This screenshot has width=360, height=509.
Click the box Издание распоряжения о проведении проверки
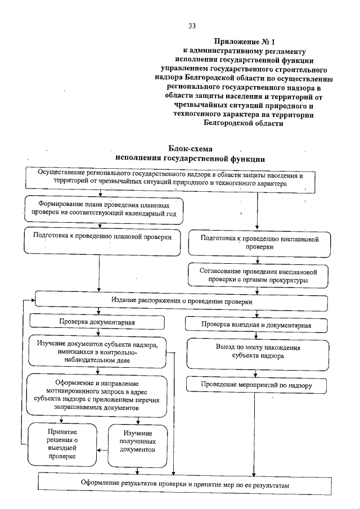click(x=181, y=301)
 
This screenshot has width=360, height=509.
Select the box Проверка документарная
click(x=97, y=323)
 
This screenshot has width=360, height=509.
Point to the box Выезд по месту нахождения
click(x=258, y=352)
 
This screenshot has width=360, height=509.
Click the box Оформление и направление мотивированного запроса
click(x=98, y=396)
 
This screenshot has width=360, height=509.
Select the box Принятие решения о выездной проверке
click(x=62, y=444)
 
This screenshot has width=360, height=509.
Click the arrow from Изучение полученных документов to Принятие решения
click(x=101, y=449)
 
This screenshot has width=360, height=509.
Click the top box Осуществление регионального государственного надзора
click(x=170, y=179)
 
